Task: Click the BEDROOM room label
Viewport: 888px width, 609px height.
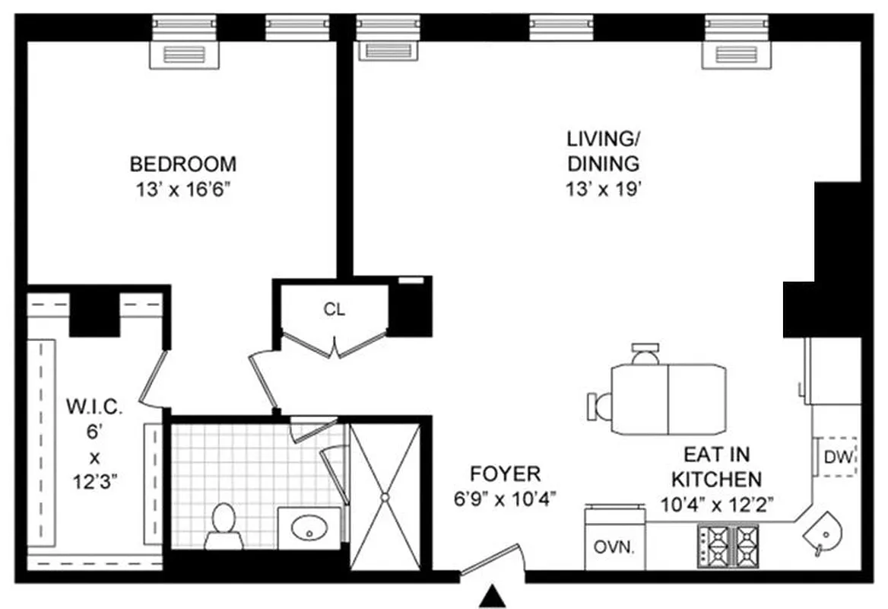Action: coord(182,164)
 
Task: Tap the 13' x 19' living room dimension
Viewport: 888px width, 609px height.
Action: coord(602,187)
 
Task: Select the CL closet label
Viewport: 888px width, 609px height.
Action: coord(334,310)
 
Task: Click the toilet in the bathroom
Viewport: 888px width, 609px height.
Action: coord(223,525)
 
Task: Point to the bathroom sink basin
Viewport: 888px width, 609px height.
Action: coord(309,527)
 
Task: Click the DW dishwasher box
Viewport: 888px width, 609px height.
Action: coord(837,457)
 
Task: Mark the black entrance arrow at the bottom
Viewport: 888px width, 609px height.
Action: coord(493,596)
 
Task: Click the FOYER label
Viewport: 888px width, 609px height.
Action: coord(505,475)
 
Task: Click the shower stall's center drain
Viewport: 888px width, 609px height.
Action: coord(385,496)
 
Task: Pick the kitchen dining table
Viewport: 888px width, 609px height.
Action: coord(667,400)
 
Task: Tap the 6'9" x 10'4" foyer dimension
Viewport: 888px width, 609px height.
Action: coord(505,499)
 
